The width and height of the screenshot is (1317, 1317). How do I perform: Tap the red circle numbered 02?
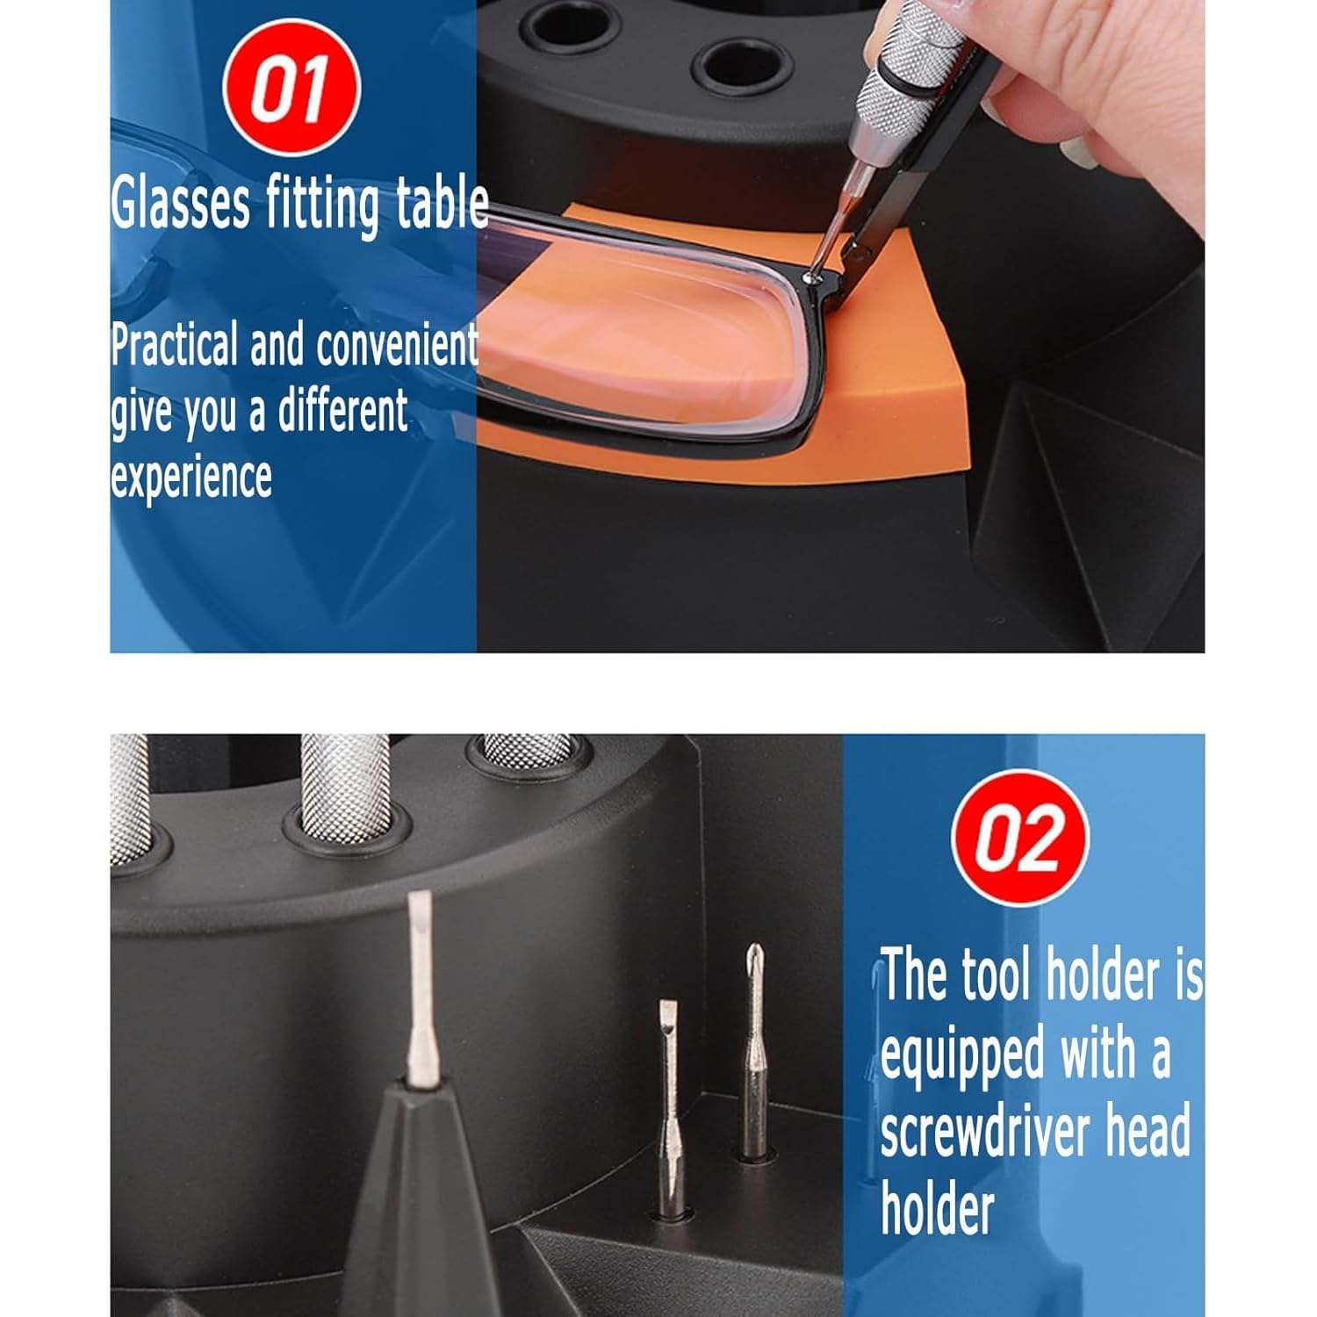click(1020, 838)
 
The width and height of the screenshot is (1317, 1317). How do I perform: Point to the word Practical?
click(175, 344)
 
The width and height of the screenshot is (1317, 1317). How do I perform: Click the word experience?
click(191, 478)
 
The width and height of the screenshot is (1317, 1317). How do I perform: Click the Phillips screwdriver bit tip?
click(753, 954)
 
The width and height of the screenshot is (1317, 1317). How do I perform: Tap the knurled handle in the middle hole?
click(346, 787)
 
